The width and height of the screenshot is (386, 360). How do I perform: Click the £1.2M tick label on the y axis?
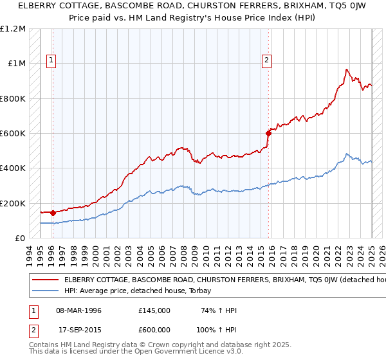(14, 29)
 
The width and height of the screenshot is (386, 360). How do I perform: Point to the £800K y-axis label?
(14, 99)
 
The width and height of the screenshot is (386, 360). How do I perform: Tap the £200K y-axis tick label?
(14, 203)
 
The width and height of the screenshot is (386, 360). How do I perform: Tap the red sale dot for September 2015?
(268, 134)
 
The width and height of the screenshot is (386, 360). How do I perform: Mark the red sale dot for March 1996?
(52, 212)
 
